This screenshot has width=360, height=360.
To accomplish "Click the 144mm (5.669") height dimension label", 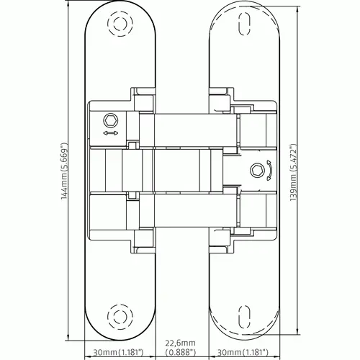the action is [x=64, y=171].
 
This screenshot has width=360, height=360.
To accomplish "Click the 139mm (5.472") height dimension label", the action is [x=294, y=172].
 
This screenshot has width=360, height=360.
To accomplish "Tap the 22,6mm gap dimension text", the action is [x=180, y=343].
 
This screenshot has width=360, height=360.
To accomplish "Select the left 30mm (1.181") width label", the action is [x=118, y=352].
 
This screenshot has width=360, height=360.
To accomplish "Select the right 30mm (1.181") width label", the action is [x=243, y=352].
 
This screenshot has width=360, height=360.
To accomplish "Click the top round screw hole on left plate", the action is [x=120, y=23].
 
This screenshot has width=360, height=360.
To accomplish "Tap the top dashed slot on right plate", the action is [x=245, y=23].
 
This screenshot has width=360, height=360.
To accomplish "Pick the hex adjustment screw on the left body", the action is [x=111, y=120].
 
